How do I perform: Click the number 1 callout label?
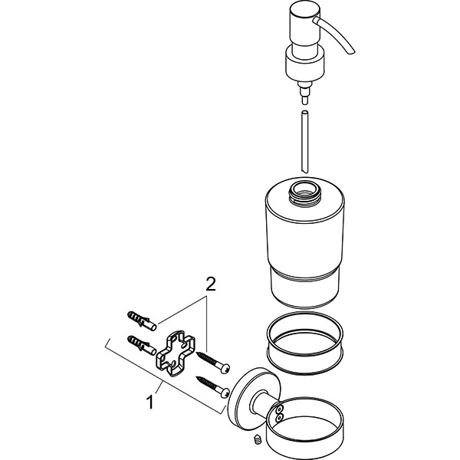click(151, 401)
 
